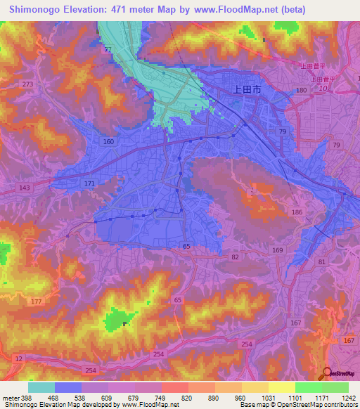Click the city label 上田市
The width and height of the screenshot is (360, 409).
(246, 90)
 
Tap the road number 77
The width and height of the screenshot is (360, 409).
(108, 49)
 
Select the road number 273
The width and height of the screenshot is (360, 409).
(27, 84)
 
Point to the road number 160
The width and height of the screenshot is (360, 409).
(108, 141)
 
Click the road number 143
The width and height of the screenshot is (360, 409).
(25, 188)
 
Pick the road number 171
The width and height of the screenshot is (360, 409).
(89, 183)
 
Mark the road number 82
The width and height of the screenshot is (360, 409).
(233, 259)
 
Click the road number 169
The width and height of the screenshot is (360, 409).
(277, 249)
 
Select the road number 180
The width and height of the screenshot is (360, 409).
(301, 91)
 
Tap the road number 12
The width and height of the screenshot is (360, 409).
(18, 358)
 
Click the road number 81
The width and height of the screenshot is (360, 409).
(321, 261)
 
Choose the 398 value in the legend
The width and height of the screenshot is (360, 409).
(20, 398)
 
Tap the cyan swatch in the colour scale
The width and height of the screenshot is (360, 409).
(41, 387)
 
